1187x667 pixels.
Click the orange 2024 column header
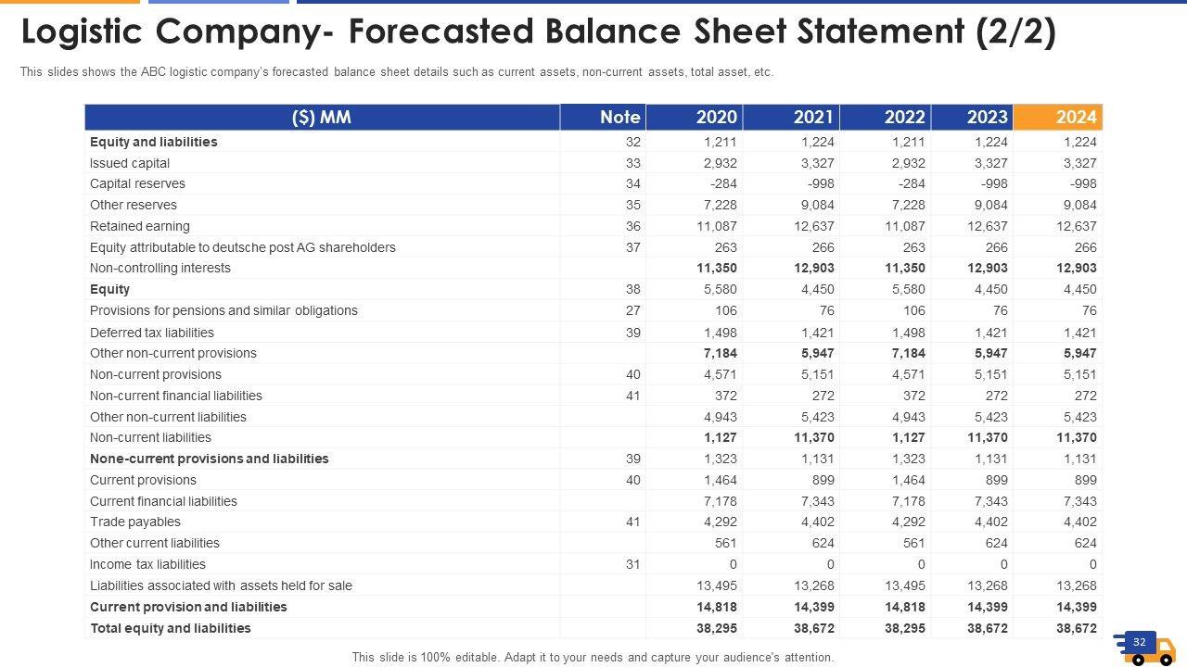click(x=1058, y=117)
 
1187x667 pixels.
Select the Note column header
click(x=619, y=117)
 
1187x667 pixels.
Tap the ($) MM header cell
click(x=322, y=117)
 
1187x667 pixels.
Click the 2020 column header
click(x=716, y=117)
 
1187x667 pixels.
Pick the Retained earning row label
click(x=140, y=226)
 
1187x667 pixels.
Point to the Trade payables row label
click(x=135, y=522)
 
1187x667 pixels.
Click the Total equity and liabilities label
click(x=171, y=628)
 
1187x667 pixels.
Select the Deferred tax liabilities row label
click(x=152, y=333)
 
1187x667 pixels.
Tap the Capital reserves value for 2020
click(x=723, y=183)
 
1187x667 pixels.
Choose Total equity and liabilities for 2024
click(x=1076, y=628)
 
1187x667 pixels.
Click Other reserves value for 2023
click(x=989, y=205)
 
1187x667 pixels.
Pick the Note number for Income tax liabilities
click(x=632, y=564)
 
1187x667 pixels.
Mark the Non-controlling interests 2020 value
click(x=717, y=268)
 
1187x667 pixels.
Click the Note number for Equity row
click(x=632, y=289)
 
